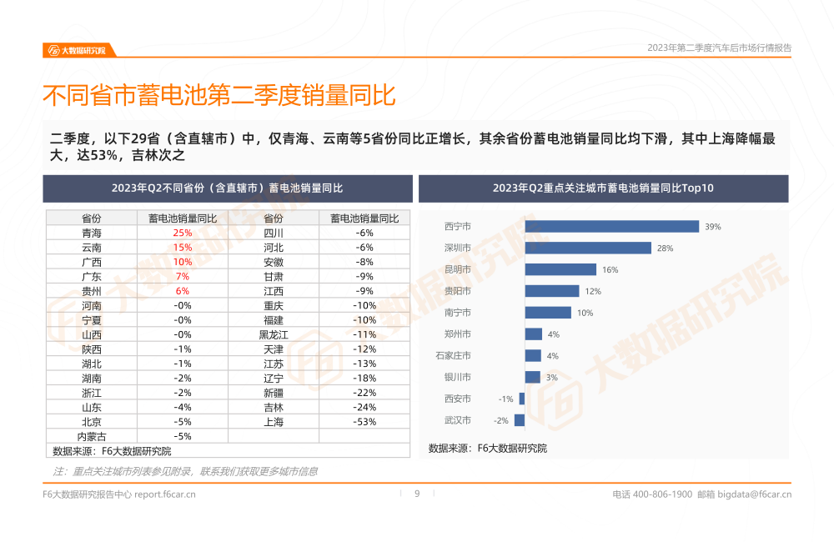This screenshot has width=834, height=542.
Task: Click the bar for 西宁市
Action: pyautogui.click(x=611, y=226)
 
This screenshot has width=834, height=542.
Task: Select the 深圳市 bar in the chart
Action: pyautogui.click(x=588, y=248)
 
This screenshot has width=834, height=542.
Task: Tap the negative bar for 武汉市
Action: pyautogui.click(x=520, y=420)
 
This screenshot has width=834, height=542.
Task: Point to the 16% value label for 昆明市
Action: pyautogui.click(x=610, y=270)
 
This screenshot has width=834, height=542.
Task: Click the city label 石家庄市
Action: pyautogui.click(x=453, y=356)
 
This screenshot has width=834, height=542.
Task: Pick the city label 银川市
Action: pyautogui.click(x=458, y=378)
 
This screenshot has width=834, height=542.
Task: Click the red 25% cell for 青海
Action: pyautogui.click(x=182, y=233)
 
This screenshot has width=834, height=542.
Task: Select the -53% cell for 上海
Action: pyautogui.click(x=364, y=422)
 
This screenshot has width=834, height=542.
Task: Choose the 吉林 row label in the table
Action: pyautogui.click(x=274, y=408)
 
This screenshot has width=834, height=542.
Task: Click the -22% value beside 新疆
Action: pyautogui.click(x=364, y=393)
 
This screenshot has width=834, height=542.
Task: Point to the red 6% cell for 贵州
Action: pyautogui.click(x=182, y=291)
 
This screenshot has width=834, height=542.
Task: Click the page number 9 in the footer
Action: pyautogui.click(x=417, y=494)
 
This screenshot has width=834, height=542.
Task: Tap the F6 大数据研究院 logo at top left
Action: pyautogui.click(x=77, y=50)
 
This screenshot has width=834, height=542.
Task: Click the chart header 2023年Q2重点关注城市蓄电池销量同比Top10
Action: pyautogui.click(x=603, y=188)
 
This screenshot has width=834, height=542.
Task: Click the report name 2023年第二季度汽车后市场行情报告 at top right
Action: pyautogui.click(x=719, y=48)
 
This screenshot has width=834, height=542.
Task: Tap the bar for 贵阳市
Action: pyautogui.click(x=552, y=291)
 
